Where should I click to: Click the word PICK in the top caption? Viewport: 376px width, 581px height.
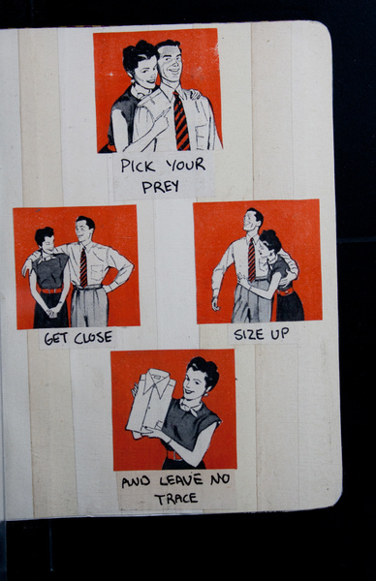[138, 166]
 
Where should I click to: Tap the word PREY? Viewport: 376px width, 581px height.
[160, 186]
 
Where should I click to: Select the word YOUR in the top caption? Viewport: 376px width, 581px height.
[185, 165]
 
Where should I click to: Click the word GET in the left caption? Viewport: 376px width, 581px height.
[56, 338]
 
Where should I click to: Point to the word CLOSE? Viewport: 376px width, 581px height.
[93, 338]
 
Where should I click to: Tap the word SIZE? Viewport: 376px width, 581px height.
[249, 335]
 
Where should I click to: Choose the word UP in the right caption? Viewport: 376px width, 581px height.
[280, 334]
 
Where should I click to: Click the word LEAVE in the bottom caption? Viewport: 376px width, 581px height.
[181, 481]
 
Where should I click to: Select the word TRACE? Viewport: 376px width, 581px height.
[175, 499]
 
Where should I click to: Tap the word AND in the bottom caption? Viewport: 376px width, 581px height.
[136, 482]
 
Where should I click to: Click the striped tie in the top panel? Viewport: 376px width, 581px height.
[181, 121]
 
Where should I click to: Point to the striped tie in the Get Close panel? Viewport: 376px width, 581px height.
[83, 267]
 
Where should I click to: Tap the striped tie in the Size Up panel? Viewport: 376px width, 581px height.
[252, 260]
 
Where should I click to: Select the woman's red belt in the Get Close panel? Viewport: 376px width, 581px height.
[51, 290]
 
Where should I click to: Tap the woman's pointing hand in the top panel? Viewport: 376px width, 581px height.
[162, 120]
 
